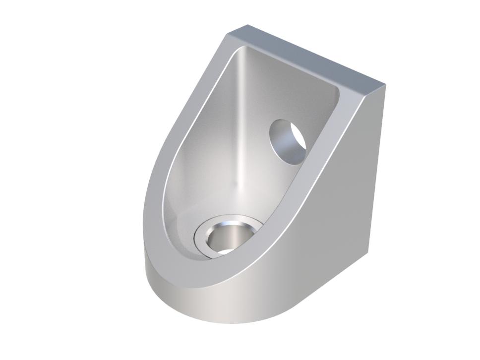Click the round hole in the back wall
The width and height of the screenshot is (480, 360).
tap(288, 141)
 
